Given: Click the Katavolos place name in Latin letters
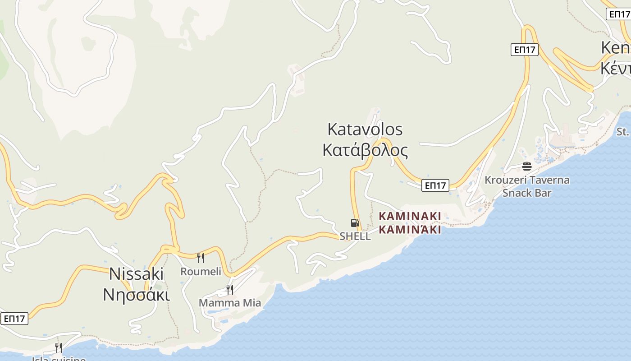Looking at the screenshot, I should (x=365, y=130).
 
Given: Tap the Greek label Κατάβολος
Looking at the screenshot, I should (x=365, y=150).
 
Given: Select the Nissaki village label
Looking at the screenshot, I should (x=137, y=273).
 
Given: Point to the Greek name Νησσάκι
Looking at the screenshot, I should (x=137, y=295).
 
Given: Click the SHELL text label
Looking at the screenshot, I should (x=355, y=236).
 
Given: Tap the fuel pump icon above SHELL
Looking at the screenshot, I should (x=355, y=222).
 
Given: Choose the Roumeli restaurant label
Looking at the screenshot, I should (x=201, y=271).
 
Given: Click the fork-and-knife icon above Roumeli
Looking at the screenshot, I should (x=201, y=258).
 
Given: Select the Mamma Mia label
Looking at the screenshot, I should (x=230, y=303).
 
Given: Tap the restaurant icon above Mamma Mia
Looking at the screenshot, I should (x=230, y=289).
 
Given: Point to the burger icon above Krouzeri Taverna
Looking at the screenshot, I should (x=527, y=167).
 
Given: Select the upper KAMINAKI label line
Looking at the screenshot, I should (x=410, y=216).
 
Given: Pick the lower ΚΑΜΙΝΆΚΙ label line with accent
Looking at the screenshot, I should (x=410, y=230).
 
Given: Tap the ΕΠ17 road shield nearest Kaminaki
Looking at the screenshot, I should (x=435, y=185).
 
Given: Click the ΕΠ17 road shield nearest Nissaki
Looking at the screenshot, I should (x=14, y=319).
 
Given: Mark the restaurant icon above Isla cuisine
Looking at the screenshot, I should (x=59, y=347).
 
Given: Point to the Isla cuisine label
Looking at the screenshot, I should (x=59, y=359).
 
